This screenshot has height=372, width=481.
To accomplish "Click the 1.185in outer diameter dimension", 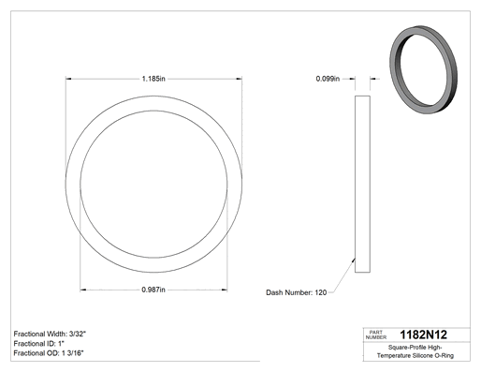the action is (153, 79).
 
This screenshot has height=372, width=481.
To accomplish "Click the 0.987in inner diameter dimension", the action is (153, 290).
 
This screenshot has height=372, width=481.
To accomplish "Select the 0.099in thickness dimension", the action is (328, 79).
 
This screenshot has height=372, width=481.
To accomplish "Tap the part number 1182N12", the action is (423, 335).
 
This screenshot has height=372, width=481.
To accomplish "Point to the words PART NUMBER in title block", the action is (376, 335).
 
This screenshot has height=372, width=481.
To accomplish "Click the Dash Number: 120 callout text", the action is (296, 292).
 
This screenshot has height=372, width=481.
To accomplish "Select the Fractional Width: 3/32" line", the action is (50, 334).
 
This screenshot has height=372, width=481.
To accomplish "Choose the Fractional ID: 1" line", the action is (38, 344).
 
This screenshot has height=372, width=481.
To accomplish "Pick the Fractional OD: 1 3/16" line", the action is (49, 353).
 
